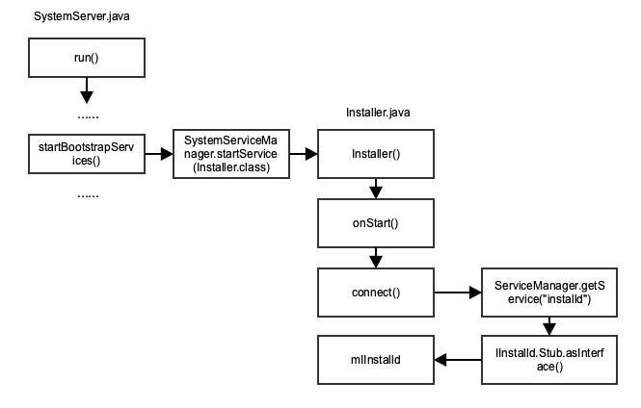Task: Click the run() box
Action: tap(86, 58)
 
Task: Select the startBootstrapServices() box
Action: tap(86, 153)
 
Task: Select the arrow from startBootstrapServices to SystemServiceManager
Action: tap(158, 153)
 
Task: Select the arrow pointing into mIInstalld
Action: tap(457, 359)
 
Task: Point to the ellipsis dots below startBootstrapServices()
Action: tap(86, 194)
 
